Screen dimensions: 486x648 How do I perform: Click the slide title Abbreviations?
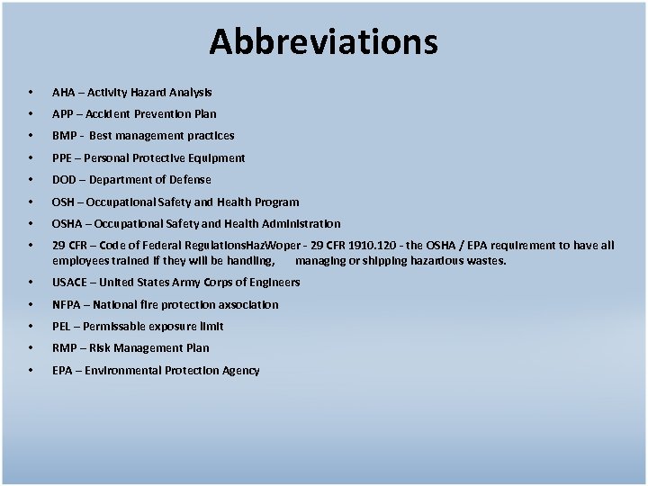coord(324,41)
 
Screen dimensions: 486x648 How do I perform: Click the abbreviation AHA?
coord(64,92)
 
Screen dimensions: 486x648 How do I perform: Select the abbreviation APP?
coord(63,114)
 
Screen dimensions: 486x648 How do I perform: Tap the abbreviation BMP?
coord(64,136)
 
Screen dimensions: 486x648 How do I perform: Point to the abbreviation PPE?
coord(63,158)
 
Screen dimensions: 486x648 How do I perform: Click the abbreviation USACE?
coord(69,283)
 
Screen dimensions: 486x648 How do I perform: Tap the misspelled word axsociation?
coord(247,305)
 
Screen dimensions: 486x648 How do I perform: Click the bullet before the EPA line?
coord(31,371)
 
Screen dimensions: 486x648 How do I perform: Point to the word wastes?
coord(486,261)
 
